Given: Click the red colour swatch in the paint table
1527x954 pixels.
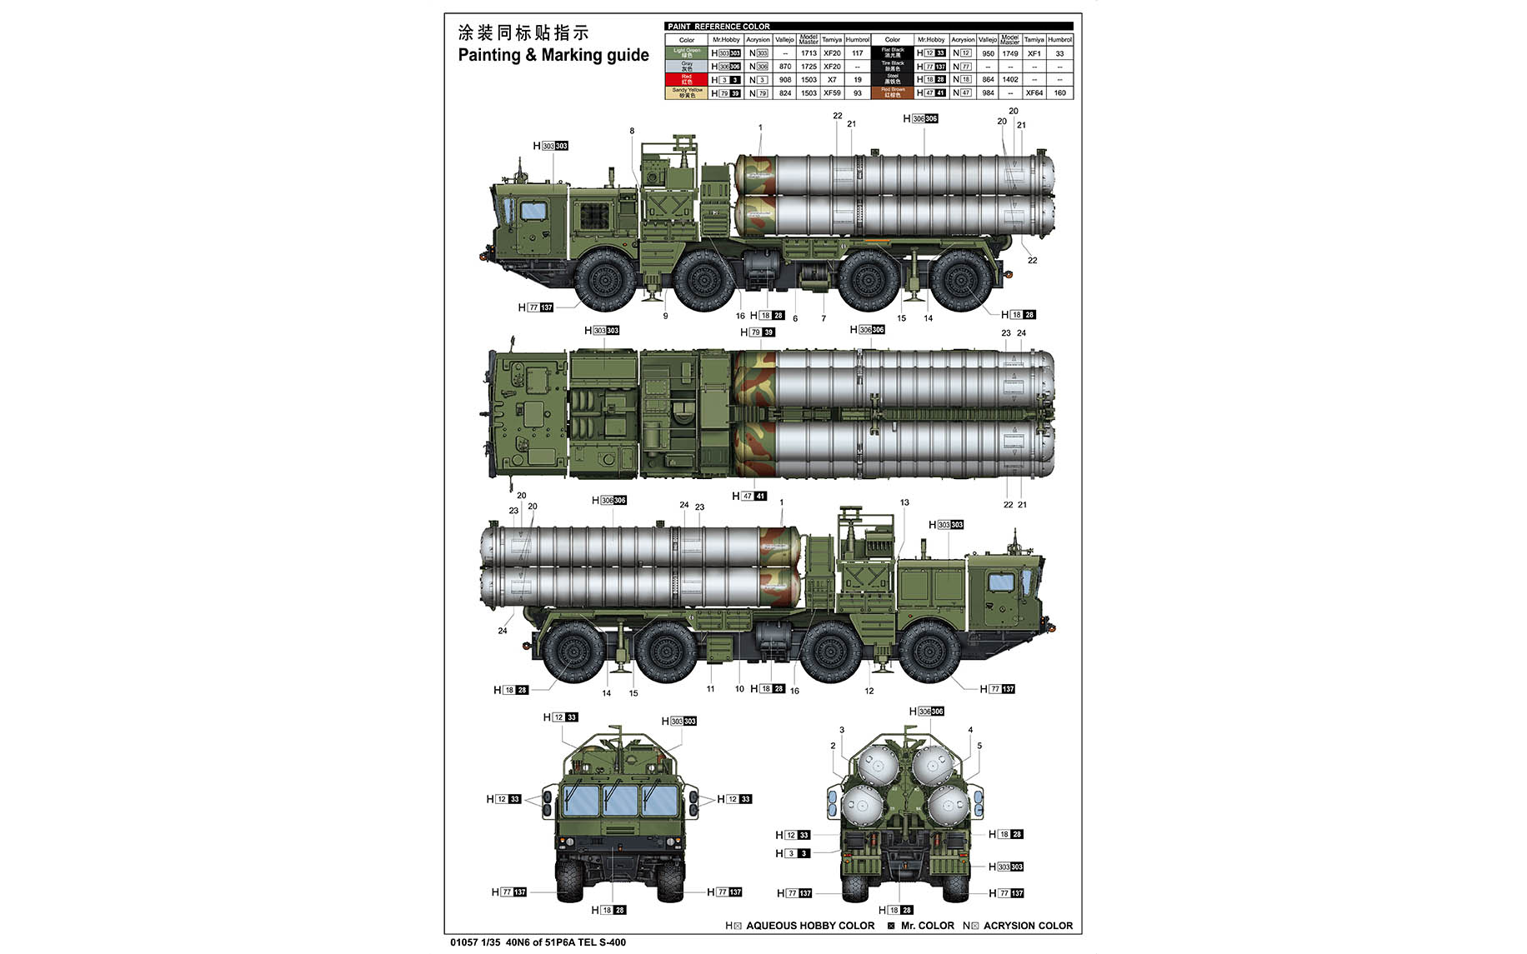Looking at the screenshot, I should [x=686, y=79].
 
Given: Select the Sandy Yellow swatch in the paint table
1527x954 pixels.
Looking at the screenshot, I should [x=686, y=92].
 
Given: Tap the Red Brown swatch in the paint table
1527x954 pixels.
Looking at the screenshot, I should [x=892, y=92].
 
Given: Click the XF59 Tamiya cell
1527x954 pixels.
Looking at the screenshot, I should [x=832, y=93].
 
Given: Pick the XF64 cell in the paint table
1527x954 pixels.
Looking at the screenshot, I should [x=1034, y=93].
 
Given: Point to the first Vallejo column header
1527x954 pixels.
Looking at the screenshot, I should [x=784, y=40].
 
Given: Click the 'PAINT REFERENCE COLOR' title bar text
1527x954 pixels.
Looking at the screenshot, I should [x=718, y=27].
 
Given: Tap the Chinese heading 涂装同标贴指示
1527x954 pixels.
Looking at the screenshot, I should [x=523, y=32].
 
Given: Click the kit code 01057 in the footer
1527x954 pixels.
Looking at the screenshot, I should [x=463, y=942].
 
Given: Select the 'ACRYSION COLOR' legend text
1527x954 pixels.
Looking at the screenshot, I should [x=1028, y=926].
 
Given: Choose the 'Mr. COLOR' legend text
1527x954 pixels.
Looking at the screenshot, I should [x=927, y=926].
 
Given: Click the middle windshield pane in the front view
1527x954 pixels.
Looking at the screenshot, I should [x=620, y=801].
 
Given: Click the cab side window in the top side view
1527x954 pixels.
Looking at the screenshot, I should [x=533, y=211].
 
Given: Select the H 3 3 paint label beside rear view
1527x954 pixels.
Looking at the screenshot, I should [x=793, y=853].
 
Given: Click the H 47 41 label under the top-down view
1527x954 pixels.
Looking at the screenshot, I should [x=749, y=496].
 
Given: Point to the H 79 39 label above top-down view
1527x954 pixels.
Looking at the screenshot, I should [x=758, y=332].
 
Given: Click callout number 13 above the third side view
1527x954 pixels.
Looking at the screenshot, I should [x=904, y=502].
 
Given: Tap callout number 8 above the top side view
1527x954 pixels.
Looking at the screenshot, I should [x=632, y=131].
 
